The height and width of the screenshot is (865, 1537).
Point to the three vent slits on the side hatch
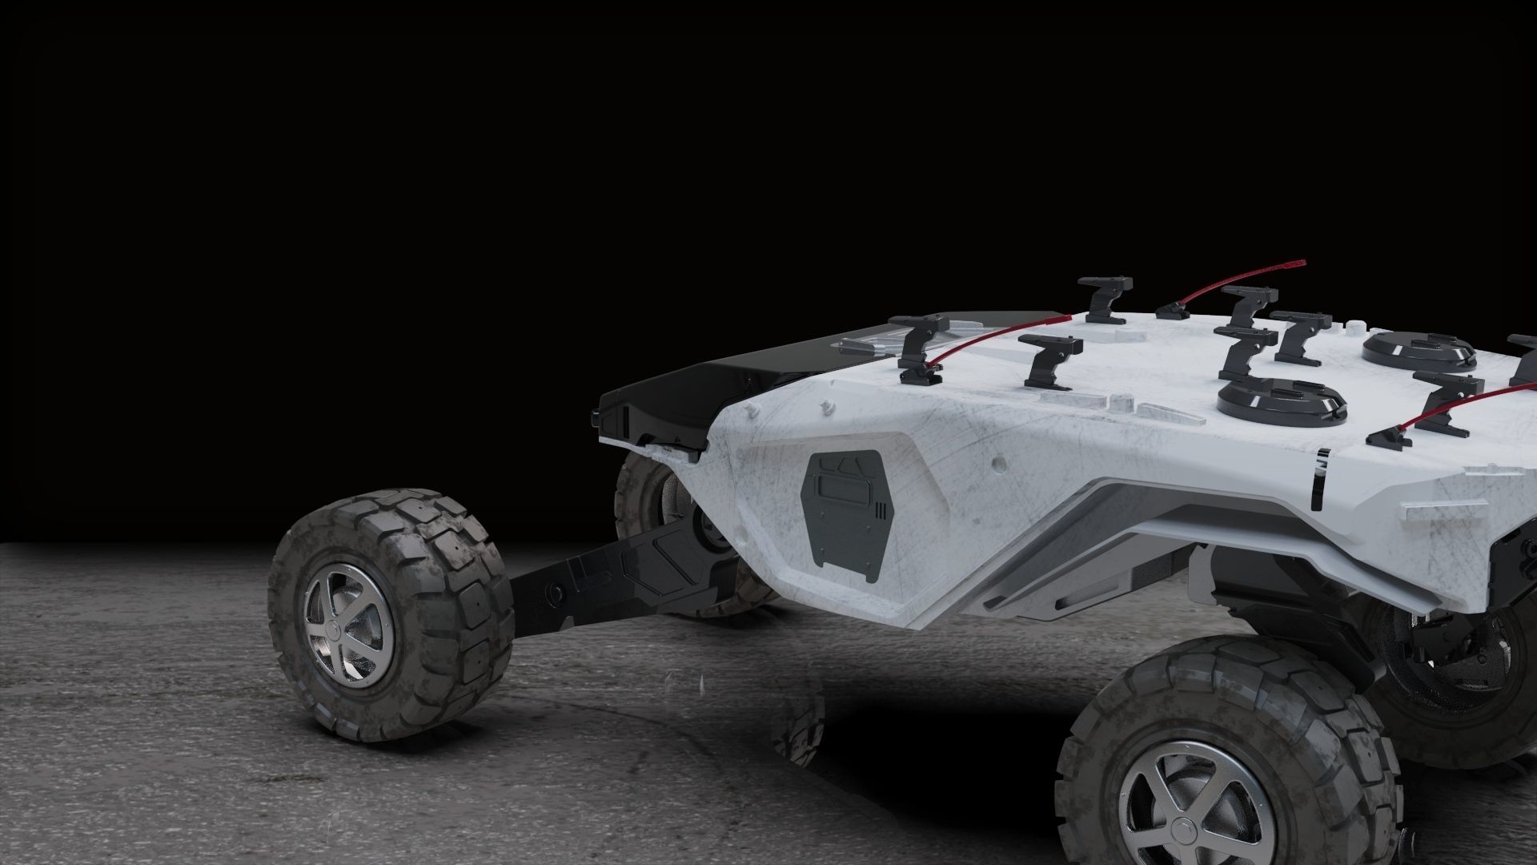[881, 509]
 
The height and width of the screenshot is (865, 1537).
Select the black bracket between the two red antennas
[1049, 360]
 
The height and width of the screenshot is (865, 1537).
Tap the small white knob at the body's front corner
[751, 409]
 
